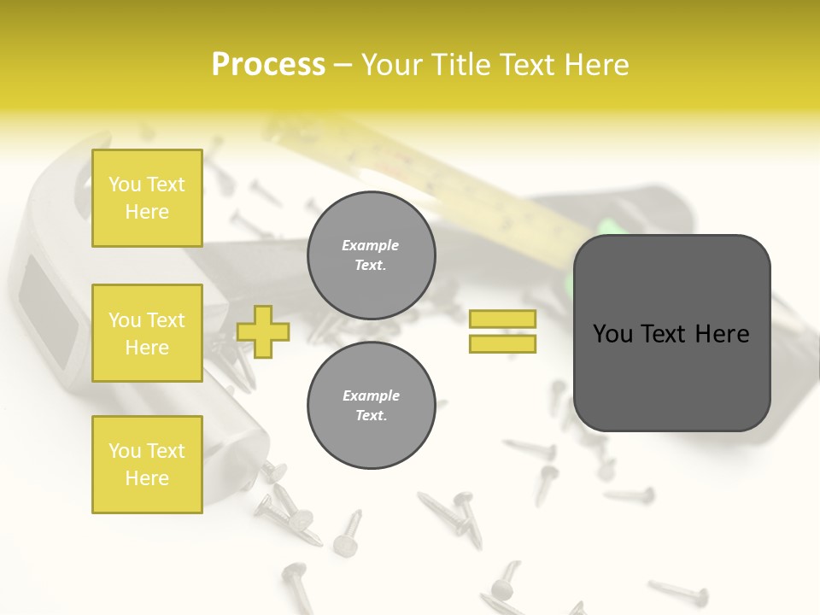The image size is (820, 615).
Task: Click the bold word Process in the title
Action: coord(268,65)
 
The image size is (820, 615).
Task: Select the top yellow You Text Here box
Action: coord(147,198)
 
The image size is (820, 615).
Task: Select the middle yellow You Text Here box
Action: coord(147,333)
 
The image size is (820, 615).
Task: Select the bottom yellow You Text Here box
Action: coord(147,465)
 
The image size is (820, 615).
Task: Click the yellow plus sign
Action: coord(263,331)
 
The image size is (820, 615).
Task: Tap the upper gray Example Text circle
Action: coord(371,255)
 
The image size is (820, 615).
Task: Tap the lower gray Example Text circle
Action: coord(371,406)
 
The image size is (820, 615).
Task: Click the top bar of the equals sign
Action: coord(502,319)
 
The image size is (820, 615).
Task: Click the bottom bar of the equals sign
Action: coord(502,343)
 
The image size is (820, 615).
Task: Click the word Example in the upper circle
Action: coord(371,245)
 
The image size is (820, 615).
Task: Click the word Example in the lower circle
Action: coord(371,395)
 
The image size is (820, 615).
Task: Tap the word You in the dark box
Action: coord(612,334)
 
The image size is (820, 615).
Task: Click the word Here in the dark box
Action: coord(722,334)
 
